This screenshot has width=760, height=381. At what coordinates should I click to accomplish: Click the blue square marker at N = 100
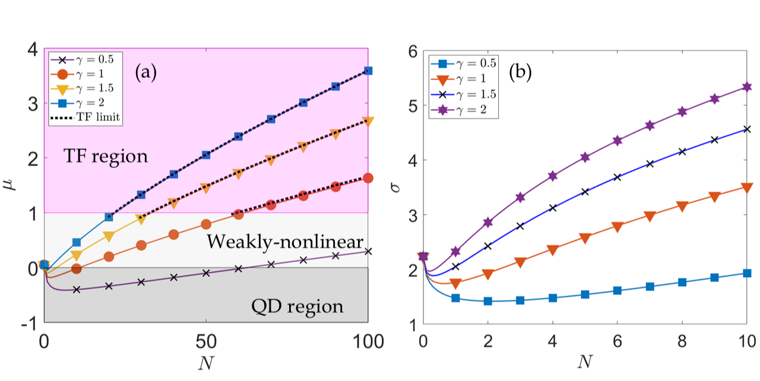(368, 70)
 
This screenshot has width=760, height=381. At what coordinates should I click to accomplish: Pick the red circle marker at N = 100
(368, 178)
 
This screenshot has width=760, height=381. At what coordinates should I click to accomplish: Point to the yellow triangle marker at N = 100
(368, 121)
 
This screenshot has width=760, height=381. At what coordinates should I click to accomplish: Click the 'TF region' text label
(105, 157)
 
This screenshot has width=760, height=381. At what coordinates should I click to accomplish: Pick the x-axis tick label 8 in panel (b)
(682, 341)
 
